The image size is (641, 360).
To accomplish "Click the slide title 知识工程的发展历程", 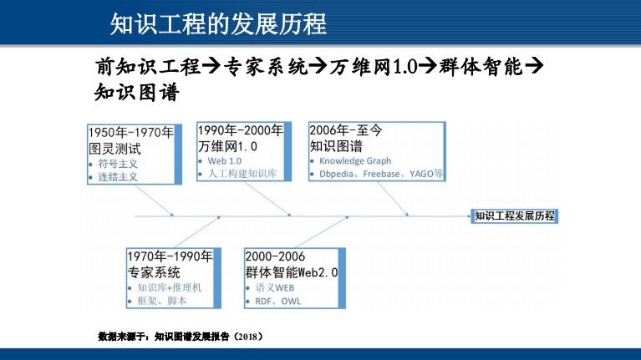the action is [x=218, y=23].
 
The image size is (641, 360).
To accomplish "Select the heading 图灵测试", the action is [x=115, y=150].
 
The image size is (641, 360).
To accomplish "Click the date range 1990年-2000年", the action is [x=241, y=130].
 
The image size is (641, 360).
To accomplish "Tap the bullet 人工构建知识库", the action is [x=242, y=174].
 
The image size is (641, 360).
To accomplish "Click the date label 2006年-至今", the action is [x=345, y=130].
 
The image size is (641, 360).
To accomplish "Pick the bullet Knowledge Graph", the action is [x=355, y=160].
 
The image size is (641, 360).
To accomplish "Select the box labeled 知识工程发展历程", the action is [x=514, y=215].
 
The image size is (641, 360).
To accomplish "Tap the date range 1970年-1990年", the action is [x=170, y=256].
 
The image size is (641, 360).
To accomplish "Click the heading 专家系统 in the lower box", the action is [x=154, y=272].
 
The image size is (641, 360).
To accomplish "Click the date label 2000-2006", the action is [x=275, y=256].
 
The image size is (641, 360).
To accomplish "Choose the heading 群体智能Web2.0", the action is [x=292, y=272].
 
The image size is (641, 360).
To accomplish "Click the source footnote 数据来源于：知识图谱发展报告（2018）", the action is [x=181, y=337].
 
